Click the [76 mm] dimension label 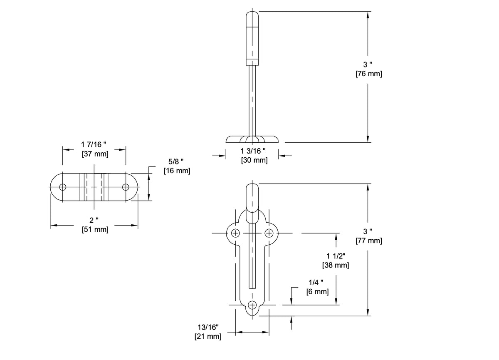coord(368,74)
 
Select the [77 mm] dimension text coord(368,241)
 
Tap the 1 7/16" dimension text coord(94,144)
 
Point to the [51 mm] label coord(95,229)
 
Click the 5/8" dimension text coord(176,161)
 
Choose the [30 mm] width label coord(254,160)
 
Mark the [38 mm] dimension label coord(335,265)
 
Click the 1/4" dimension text coord(317,282)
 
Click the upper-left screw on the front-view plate coord(236,233)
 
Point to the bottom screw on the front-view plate coord(252,305)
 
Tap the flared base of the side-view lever coord(252,139)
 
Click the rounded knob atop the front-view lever coord(252,196)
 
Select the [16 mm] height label coord(177,171)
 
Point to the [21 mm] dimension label coord(208,336)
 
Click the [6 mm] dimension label coord(317,292)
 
